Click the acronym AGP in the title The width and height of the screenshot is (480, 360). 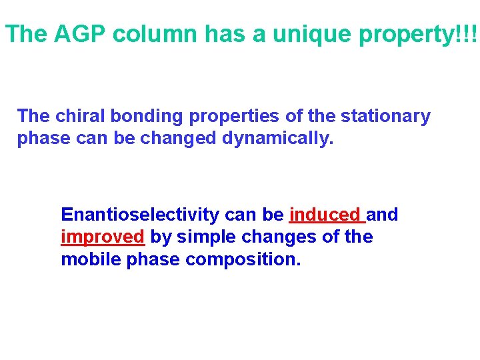[x=77, y=34]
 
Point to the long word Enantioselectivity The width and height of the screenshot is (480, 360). [x=140, y=215]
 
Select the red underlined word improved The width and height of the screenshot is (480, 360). [x=103, y=237]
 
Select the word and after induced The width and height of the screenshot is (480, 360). [x=383, y=215]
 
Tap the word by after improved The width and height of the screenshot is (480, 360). [x=160, y=237]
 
